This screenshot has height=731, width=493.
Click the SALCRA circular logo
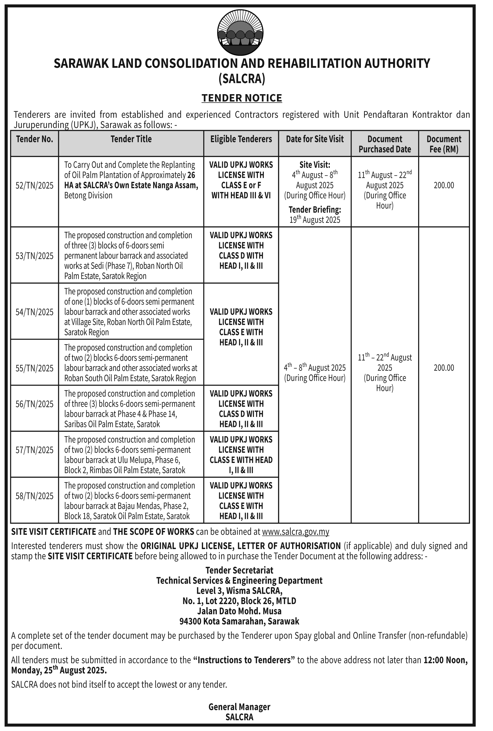click(x=241, y=33)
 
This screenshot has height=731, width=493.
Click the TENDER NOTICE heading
click(x=241, y=98)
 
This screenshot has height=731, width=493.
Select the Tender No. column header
click(x=34, y=139)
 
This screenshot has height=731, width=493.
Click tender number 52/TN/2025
click(x=34, y=185)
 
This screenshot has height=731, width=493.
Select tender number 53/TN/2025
click(x=34, y=256)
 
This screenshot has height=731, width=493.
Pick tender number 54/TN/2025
click(x=34, y=312)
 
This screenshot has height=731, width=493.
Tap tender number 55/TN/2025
click(x=34, y=368)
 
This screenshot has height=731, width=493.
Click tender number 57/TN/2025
click(x=34, y=450)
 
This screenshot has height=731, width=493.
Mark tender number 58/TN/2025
click(x=34, y=496)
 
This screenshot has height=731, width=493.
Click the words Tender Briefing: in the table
click(x=315, y=209)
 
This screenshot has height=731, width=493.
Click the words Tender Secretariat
click(x=239, y=570)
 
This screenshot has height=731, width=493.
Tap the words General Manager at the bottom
click(x=239, y=707)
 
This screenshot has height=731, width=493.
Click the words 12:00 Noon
click(x=446, y=660)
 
